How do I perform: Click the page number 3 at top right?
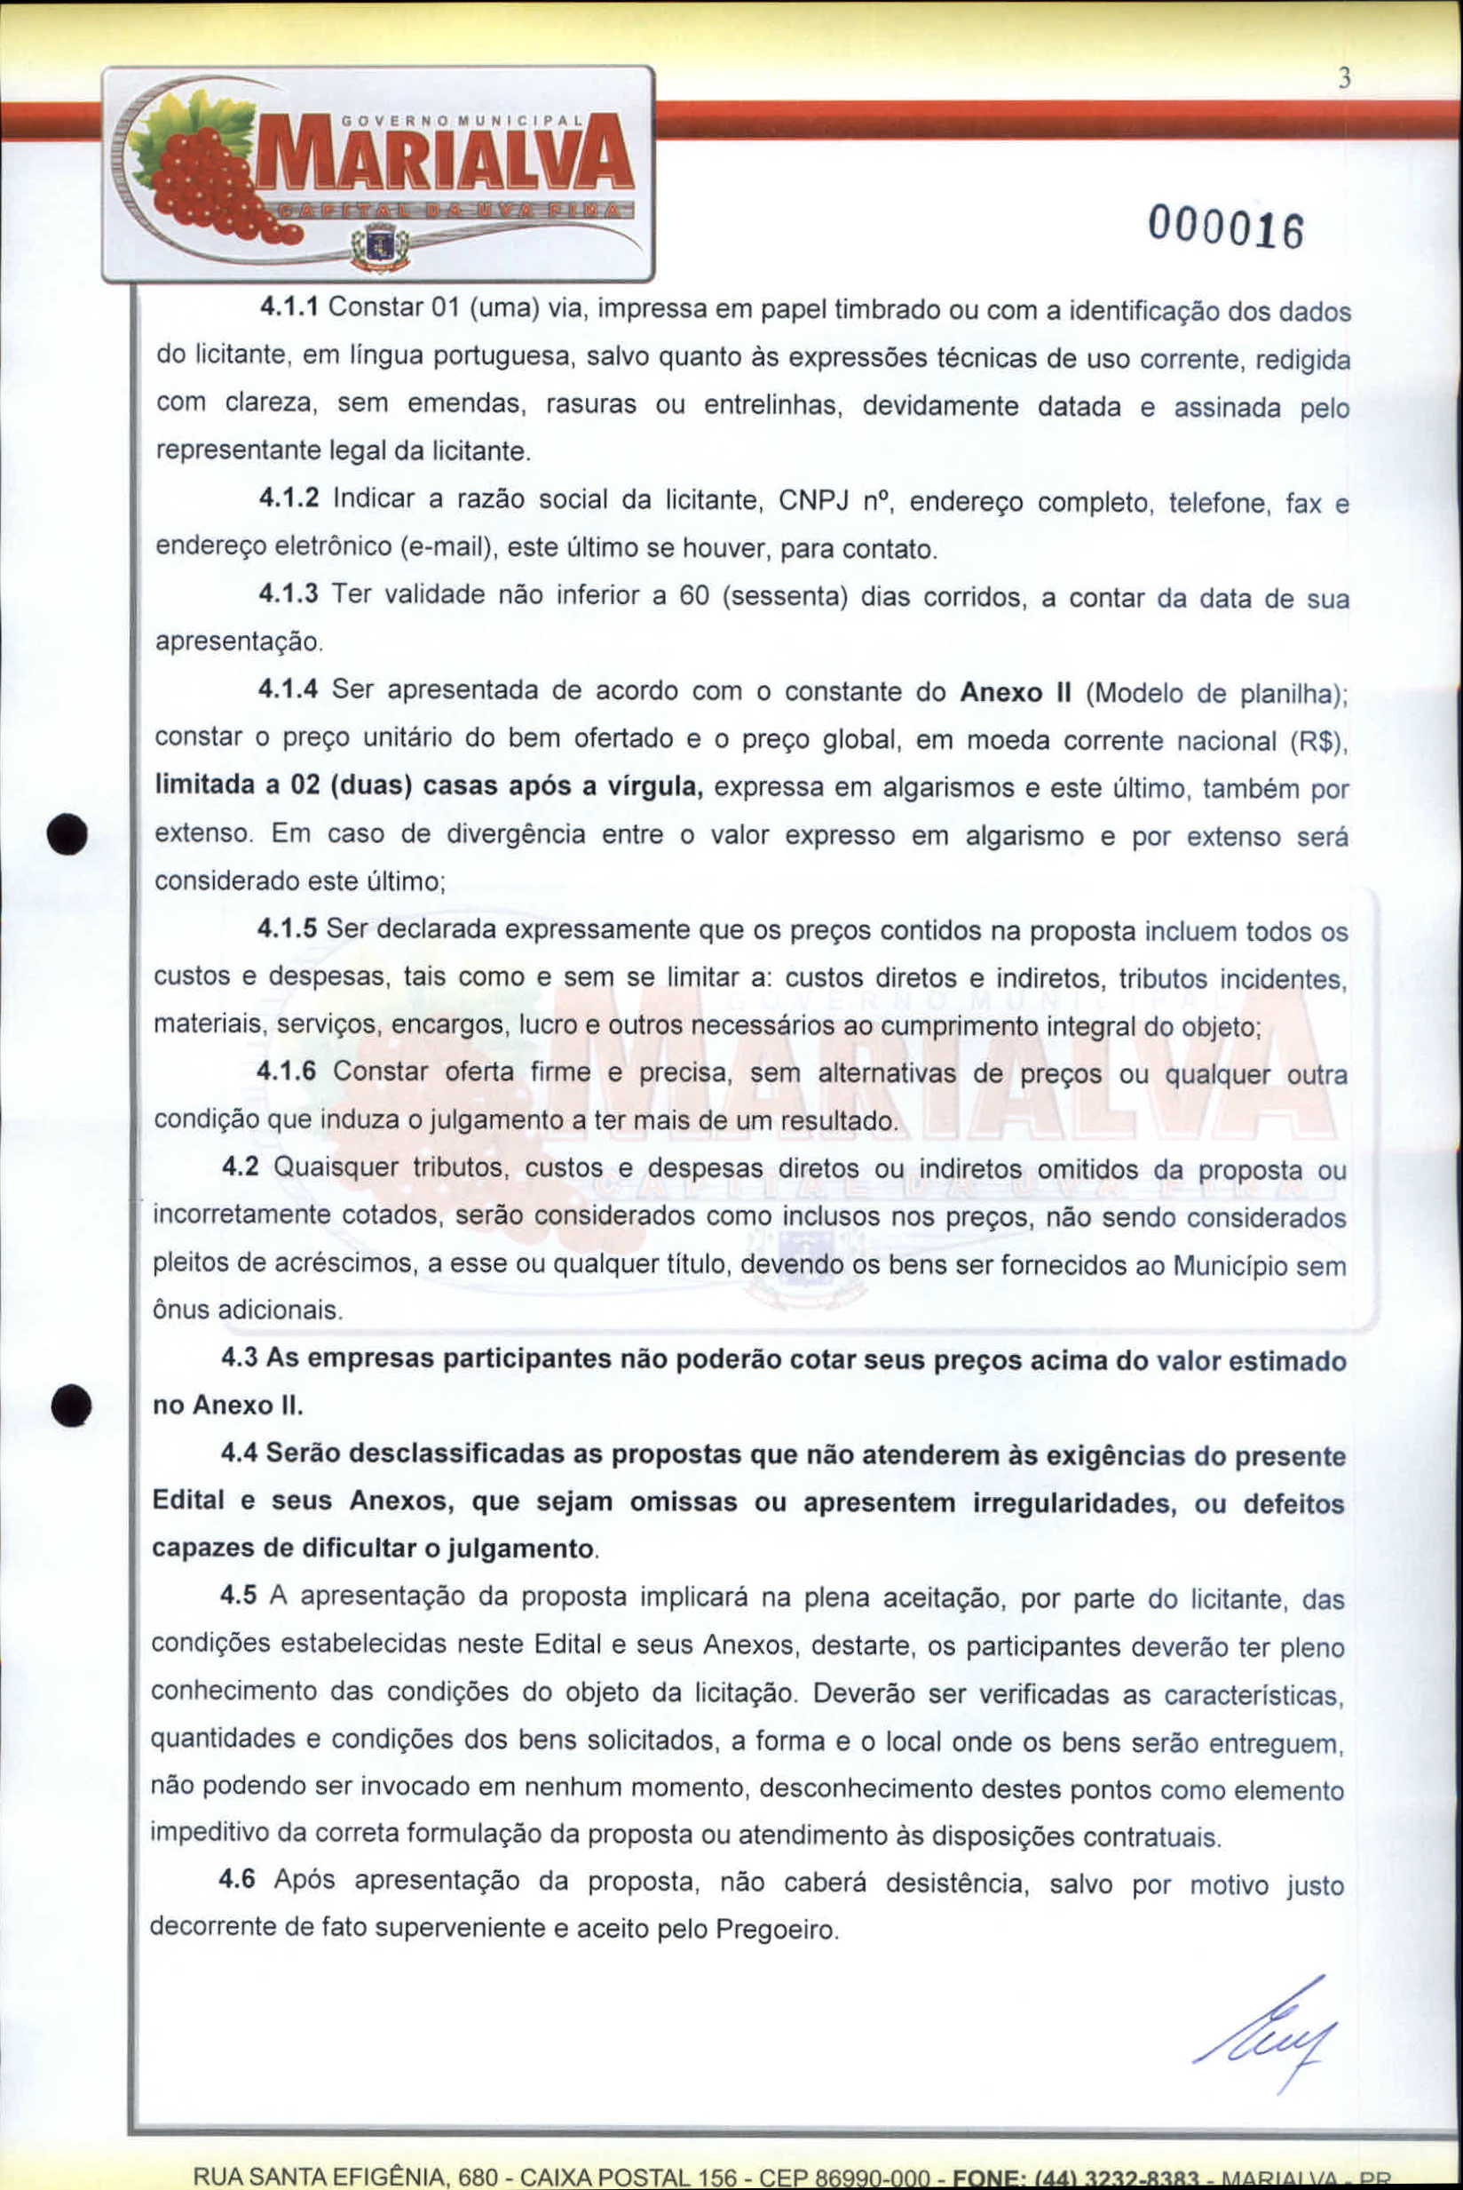1343,80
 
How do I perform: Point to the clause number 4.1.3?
289,593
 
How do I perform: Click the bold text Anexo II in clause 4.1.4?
1014,692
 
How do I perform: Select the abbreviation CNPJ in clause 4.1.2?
811,500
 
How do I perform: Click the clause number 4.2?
240,1167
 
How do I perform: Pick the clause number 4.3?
239,1358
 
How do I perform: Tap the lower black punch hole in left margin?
71,1405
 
